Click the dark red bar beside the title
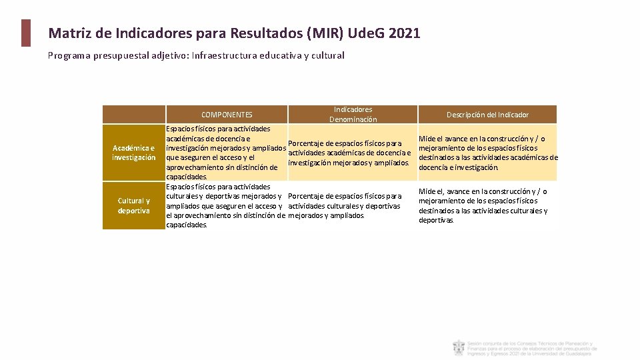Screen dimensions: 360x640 pyautogui.click(x=25, y=33)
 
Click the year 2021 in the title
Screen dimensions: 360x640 pyautogui.click(x=403, y=33)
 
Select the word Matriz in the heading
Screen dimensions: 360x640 pyautogui.click(x=69, y=33)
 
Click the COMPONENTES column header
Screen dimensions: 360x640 pyautogui.click(x=227, y=115)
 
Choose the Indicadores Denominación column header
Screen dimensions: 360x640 pyautogui.click(x=353, y=114)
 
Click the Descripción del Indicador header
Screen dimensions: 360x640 pyautogui.click(x=487, y=115)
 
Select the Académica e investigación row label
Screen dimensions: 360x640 pyautogui.click(x=134, y=153)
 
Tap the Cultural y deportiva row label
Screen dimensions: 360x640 pyautogui.click(x=134, y=205)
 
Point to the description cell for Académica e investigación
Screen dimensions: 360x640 pyautogui.click(x=487, y=153)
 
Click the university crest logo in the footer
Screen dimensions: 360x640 pyautogui.click(x=459, y=347)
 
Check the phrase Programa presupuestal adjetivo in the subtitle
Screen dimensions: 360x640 pyautogui.click(x=117, y=55)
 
